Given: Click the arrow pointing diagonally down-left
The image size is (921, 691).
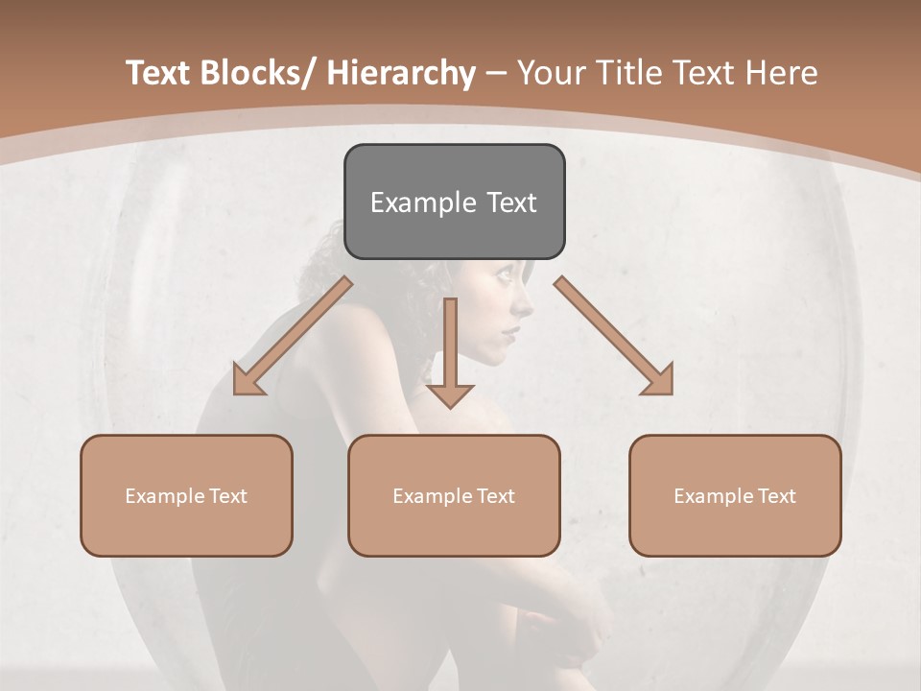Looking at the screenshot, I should [x=292, y=336].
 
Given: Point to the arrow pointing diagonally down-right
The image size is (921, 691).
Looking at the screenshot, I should [x=614, y=336].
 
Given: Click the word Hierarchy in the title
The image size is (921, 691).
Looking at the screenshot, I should [x=401, y=73].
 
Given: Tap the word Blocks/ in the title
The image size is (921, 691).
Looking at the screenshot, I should [x=258, y=73].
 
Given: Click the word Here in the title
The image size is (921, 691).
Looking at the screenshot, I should [x=783, y=73].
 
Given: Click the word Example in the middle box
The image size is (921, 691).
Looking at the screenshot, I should [x=433, y=496].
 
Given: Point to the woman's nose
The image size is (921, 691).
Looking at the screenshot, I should [x=528, y=305].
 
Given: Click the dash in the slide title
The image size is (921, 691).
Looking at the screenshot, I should [x=496, y=74].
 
